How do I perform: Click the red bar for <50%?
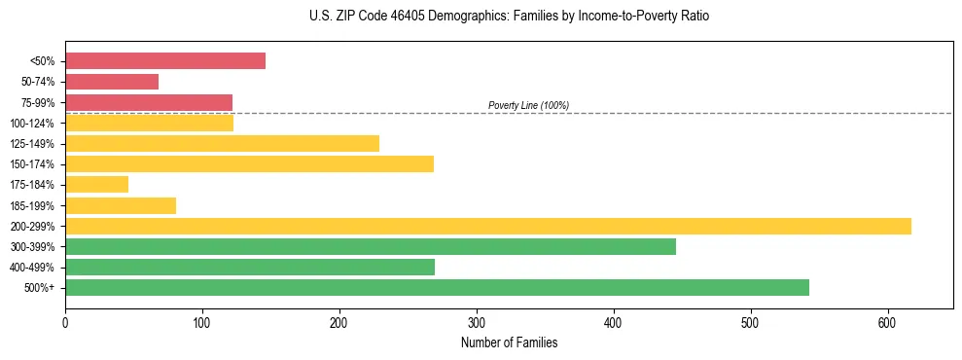click(x=165, y=61)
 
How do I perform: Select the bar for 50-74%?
click(x=112, y=82)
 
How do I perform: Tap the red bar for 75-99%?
click(x=149, y=102)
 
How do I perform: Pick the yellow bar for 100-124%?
click(x=149, y=123)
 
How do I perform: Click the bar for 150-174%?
click(x=249, y=163)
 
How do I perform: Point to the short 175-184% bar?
click(x=96, y=184)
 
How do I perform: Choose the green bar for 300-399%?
click(x=371, y=246)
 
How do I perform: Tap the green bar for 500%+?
click(x=437, y=287)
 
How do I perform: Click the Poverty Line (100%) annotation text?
click(x=528, y=105)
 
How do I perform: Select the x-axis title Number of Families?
click(x=509, y=342)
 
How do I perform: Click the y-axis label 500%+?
click(x=40, y=288)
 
